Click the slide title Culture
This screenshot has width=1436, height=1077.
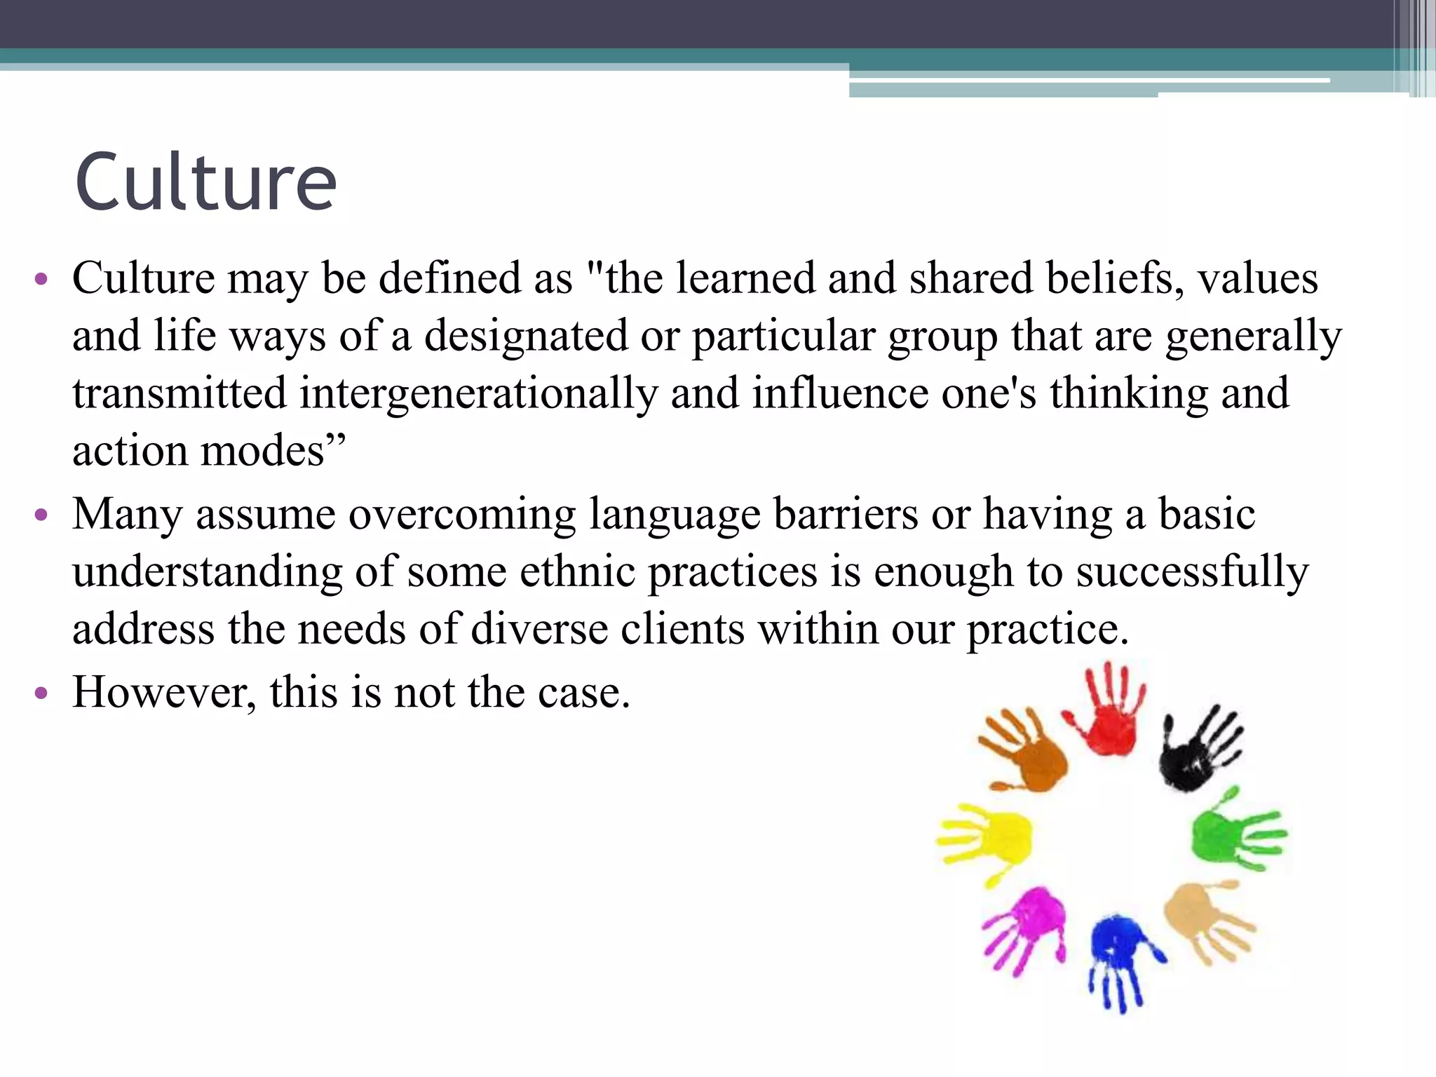tap(205, 182)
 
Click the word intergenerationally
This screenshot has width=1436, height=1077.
tap(479, 393)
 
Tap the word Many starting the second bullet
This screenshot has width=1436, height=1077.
tap(127, 515)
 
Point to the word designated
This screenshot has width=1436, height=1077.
tap(526, 335)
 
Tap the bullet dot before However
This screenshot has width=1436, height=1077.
tap(41, 693)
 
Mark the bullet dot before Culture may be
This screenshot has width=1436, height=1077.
tap(41, 279)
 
